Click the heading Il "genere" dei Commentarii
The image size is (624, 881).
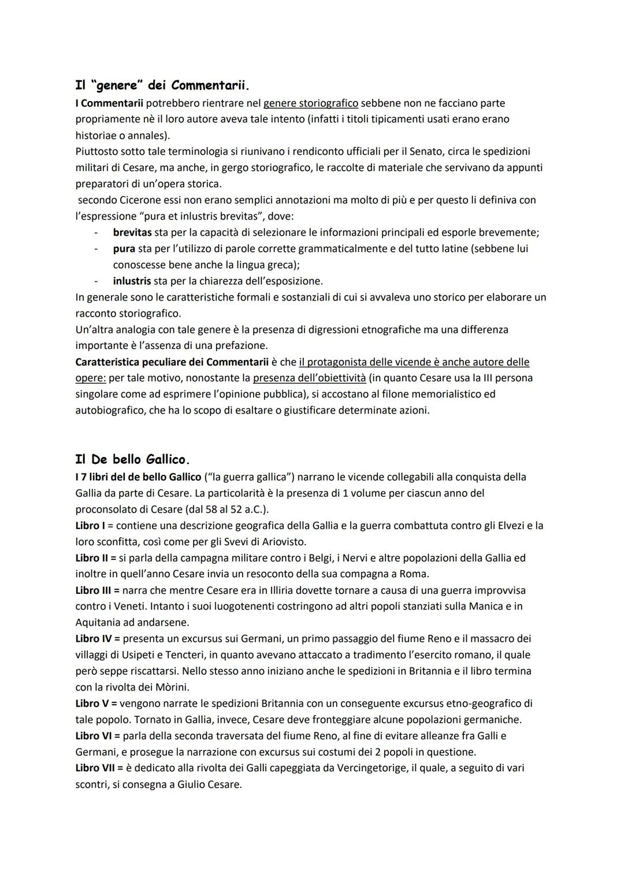162,86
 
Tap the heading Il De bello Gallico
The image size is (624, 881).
132,460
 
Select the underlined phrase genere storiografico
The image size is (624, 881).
311,103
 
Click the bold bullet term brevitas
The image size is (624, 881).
132,232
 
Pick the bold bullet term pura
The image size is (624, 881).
124,248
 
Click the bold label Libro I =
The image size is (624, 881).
94,526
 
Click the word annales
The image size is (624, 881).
139,135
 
